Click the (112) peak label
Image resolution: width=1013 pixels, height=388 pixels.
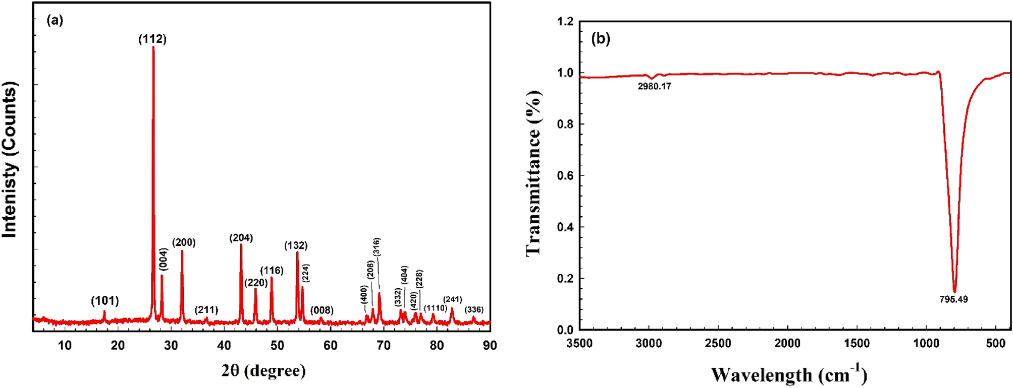[152, 39]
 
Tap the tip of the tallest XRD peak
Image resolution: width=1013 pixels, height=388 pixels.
[153, 47]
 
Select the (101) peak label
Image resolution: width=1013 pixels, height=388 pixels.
[105, 301]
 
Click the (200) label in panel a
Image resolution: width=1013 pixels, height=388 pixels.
[184, 242]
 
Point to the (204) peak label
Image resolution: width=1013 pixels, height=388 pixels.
[241, 237]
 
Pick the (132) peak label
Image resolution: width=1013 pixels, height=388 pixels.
[296, 245]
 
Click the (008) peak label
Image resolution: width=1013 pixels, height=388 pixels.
[322, 310]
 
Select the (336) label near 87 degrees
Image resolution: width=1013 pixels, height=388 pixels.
[474, 309]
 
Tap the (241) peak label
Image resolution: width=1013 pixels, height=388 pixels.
[452, 299]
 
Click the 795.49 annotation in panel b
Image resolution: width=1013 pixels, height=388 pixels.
[953, 299]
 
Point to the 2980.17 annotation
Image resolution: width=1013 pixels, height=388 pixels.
[654, 86]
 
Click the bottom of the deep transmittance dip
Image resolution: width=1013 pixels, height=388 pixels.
[954, 291]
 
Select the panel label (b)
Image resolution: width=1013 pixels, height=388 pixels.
[601, 38]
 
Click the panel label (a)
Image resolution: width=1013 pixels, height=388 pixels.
[55, 20]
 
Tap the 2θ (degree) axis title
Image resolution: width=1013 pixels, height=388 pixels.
[263, 371]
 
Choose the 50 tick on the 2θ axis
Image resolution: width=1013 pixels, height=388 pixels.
[277, 345]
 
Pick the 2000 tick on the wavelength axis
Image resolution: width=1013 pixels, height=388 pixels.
[787, 344]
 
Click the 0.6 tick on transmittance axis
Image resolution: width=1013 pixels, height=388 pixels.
[565, 175]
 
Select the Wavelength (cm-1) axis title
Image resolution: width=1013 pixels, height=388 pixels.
[789, 375]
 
